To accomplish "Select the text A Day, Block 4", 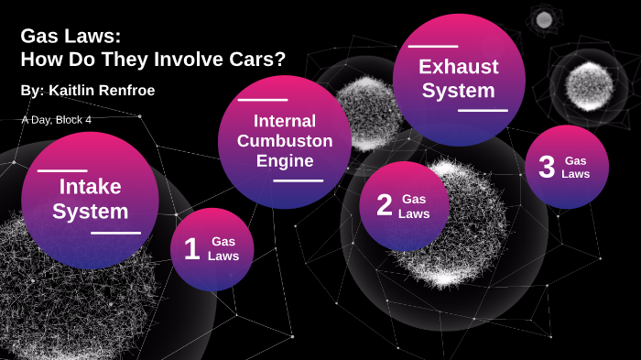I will click(56, 119).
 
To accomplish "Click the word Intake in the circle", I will click(90, 187).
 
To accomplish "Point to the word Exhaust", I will click(458, 67).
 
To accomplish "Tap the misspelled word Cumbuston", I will click(284, 141).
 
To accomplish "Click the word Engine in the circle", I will click(284, 161).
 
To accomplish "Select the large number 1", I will click(191, 249).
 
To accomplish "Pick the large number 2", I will click(385, 205).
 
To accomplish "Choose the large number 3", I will click(547, 167).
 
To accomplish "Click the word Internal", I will click(284, 121).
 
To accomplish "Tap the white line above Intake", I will click(62, 170).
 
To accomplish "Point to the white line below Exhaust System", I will click(483, 110).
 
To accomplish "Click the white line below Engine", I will click(298, 180).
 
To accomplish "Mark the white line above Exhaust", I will click(432, 46).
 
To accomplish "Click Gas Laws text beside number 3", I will click(576, 167).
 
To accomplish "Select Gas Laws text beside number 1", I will click(223, 248).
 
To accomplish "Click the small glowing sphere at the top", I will click(544, 19).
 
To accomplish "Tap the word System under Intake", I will click(90, 212).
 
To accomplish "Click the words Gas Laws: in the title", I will click(71, 37).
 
